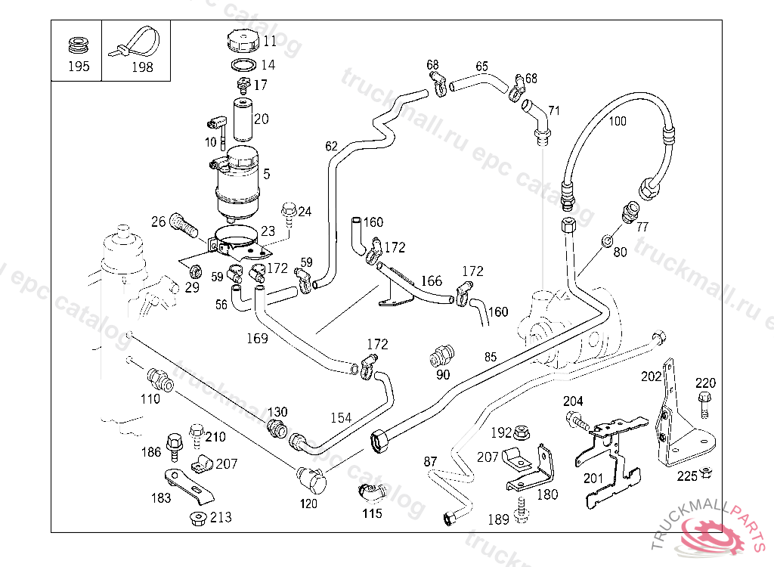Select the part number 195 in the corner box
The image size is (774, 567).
pyautogui.click(x=79, y=67)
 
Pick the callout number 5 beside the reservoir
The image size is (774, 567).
pyautogui.click(x=266, y=174)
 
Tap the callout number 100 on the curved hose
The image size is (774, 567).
pyautogui.click(x=618, y=121)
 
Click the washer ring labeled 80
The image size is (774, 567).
pyautogui.click(x=608, y=241)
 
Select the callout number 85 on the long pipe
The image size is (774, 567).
pyautogui.click(x=491, y=356)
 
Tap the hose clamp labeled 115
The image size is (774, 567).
pyautogui.click(x=370, y=492)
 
